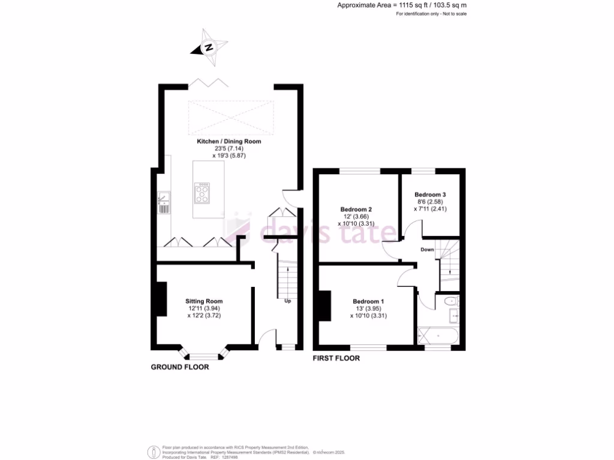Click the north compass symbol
point(209,47)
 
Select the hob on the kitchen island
point(202,193)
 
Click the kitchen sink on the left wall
point(163,202)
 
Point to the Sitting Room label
point(204,301)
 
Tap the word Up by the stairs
point(287,301)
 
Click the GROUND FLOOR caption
point(180,367)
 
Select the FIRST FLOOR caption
point(336,359)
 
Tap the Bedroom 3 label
point(430,195)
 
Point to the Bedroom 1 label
point(368,301)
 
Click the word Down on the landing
point(427,249)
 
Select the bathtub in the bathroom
point(438,335)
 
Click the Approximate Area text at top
point(402,5)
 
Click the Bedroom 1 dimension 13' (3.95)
point(368,308)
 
